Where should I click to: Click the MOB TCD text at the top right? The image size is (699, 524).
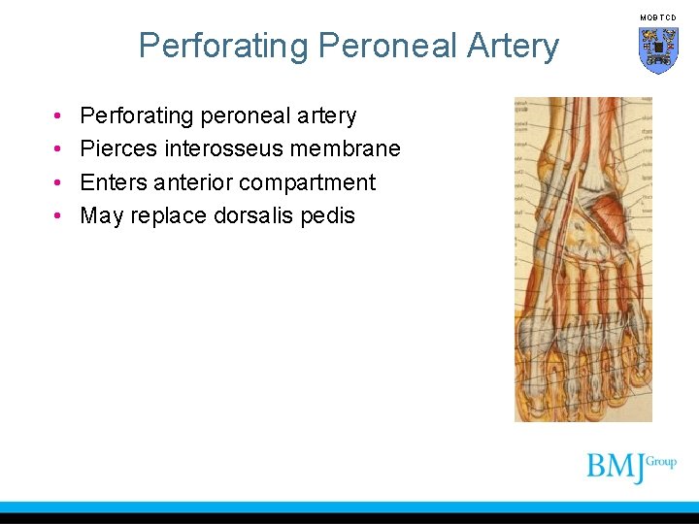click(x=658, y=17)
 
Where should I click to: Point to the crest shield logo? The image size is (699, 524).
click(x=658, y=49)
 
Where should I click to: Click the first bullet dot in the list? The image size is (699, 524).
click(x=59, y=116)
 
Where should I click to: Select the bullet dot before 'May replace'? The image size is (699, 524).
click(x=59, y=216)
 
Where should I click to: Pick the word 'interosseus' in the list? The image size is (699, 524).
click(x=225, y=148)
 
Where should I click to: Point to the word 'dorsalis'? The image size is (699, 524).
click(x=255, y=215)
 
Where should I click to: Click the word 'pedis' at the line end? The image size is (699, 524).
click(x=328, y=215)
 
